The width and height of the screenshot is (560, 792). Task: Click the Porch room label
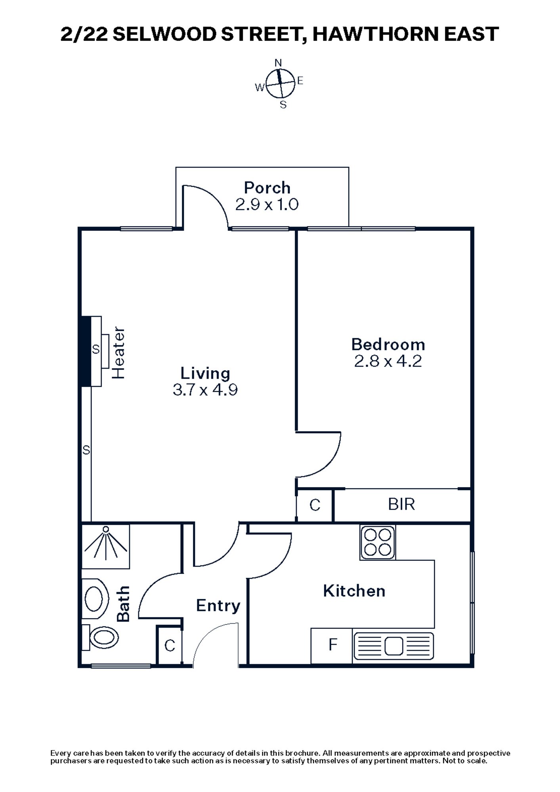(267, 188)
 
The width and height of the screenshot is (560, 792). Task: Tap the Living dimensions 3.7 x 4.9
(205, 390)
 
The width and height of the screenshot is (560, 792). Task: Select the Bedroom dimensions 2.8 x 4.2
(388, 361)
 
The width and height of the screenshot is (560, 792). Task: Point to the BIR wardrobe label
(401, 505)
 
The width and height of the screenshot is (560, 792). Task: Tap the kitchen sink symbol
(394, 646)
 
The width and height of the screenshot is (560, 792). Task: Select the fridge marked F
(332, 645)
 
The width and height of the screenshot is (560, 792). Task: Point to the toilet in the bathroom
(102, 638)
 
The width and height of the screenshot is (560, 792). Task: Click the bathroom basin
(95, 599)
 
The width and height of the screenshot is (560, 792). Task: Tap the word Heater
(118, 353)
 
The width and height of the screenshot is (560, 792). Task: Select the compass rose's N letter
(278, 63)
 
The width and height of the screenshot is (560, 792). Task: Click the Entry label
(218, 605)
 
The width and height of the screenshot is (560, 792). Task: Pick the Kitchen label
(354, 591)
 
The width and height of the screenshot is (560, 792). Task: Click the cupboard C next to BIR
(315, 505)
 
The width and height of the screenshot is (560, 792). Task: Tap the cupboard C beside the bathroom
(170, 646)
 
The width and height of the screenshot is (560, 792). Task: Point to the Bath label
(123, 604)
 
